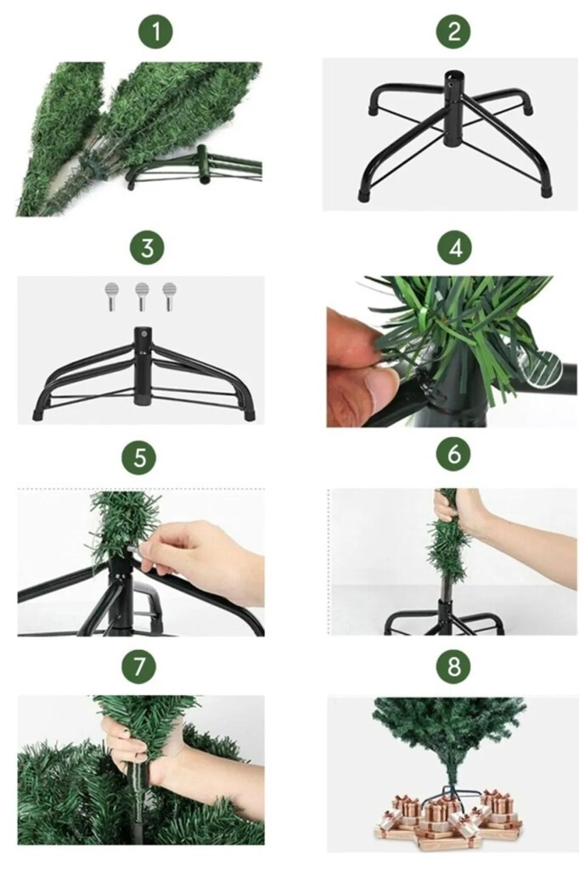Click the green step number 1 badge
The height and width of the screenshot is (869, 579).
(x=155, y=31)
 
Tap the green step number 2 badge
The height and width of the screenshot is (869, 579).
(x=453, y=31)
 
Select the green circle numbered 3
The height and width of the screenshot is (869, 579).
(x=146, y=247)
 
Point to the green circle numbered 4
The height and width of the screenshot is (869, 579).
(x=454, y=247)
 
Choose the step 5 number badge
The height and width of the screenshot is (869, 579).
(x=139, y=457)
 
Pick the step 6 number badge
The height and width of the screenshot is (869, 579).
(x=453, y=455)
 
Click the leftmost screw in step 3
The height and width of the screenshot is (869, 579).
(x=112, y=296)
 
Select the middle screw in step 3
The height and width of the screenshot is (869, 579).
(x=142, y=296)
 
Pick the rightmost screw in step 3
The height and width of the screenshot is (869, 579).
(x=169, y=296)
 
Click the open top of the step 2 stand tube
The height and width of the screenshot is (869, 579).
(x=453, y=75)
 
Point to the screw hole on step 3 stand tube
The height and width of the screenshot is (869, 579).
(x=144, y=334)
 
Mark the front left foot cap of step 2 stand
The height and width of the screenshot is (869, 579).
(x=364, y=194)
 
